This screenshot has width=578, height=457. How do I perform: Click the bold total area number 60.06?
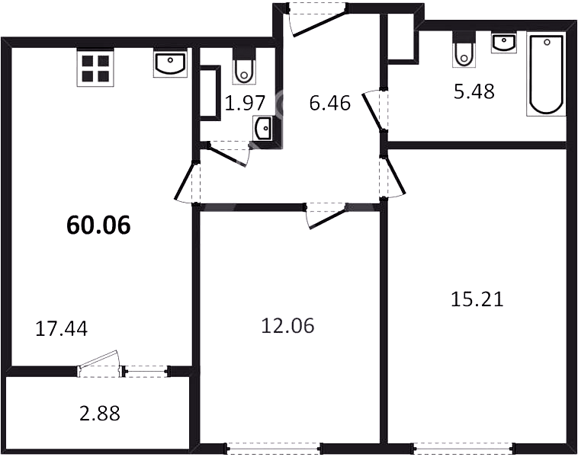pyautogui.click(x=98, y=225)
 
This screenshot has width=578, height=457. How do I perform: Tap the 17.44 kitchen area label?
pyautogui.click(x=62, y=328)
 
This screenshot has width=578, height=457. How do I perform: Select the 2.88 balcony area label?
pyautogui.click(x=100, y=413)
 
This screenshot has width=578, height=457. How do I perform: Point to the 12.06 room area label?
pyautogui.click(x=287, y=326)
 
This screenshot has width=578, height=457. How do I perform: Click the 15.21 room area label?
pyautogui.click(x=477, y=299)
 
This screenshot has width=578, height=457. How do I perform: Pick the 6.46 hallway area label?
pyautogui.click(x=330, y=103)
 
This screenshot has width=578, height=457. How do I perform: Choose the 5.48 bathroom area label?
pyautogui.click(x=474, y=91)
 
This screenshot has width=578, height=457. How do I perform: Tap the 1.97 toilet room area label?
pyautogui.click(x=245, y=103)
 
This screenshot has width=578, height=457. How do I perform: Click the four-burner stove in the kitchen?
pyautogui.click(x=95, y=68)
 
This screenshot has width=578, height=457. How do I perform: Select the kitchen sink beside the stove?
pyautogui.click(x=170, y=64)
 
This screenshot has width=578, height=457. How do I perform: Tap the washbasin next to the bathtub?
pyautogui.click(x=503, y=42)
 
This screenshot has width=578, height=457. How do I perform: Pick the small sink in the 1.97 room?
pyautogui.click(x=263, y=128)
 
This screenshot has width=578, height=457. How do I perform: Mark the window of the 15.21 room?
pyautogui.click(x=463, y=448)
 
